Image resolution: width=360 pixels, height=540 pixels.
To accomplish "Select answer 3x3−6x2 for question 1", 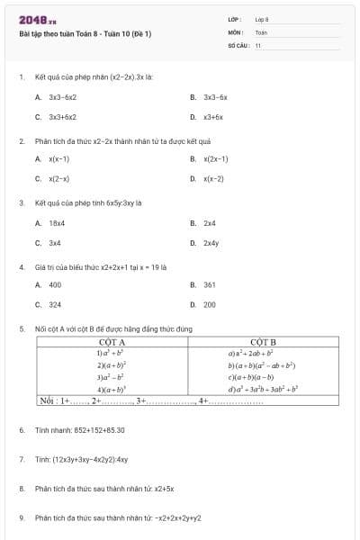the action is pyautogui.click(x=62, y=96).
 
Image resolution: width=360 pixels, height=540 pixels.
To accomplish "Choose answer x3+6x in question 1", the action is pyautogui.click(x=212, y=117).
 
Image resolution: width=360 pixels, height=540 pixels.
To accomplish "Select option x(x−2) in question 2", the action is pyautogui.click(x=213, y=179).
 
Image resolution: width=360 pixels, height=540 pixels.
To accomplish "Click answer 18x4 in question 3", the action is pyautogui.click(x=57, y=222).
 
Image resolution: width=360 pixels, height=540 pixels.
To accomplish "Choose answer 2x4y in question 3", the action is pyautogui.click(x=211, y=243).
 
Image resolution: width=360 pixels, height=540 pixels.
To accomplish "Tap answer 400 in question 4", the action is pyautogui.click(x=55, y=284).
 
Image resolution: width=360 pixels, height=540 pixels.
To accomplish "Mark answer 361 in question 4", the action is pyautogui.click(x=210, y=284).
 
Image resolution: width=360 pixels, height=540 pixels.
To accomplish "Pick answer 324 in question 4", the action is pyautogui.click(x=55, y=305).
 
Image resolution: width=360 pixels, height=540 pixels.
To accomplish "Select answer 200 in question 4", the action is pyautogui.click(x=210, y=305).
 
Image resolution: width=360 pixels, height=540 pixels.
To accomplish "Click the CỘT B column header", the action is pyautogui.click(x=263, y=343).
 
